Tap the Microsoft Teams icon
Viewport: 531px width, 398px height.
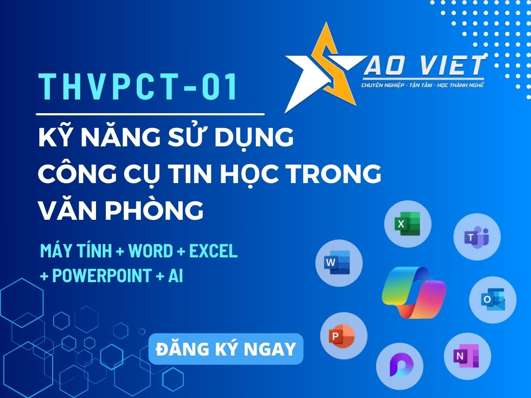point(477,237)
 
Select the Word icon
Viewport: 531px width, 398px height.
point(339,263)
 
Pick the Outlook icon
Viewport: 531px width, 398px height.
point(493,300)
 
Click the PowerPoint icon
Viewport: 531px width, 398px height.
point(343,336)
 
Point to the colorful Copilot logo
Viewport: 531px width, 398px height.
point(414,292)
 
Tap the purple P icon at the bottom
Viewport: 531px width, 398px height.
point(399,366)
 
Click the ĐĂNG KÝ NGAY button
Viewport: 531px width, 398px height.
point(226,349)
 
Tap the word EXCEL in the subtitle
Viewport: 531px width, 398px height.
point(213,251)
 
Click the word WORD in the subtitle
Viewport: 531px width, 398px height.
point(150,251)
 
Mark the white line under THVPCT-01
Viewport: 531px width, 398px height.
point(150,114)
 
